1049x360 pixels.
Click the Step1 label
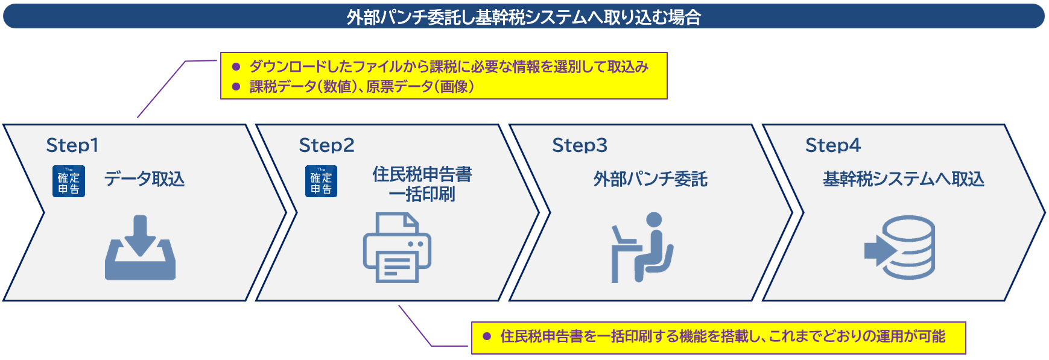(72, 145)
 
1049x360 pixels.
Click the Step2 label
(326, 145)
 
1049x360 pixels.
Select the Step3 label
(580, 145)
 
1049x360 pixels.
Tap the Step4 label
(833, 145)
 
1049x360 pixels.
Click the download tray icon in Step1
(140, 248)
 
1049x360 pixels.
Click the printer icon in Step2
(396, 248)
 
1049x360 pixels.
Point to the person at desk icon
(642, 248)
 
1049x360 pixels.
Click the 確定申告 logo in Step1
(68, 181)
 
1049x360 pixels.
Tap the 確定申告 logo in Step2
(321, 181)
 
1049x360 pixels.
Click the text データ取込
(144, 179)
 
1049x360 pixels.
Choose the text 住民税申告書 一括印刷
(422, 184)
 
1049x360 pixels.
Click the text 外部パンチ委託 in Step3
(650, 179)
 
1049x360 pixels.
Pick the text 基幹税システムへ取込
(904, 179)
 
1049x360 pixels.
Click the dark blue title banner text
(524, 17)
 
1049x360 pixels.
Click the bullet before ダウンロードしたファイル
(236, 67)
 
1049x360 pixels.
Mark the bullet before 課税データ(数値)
(236, 87)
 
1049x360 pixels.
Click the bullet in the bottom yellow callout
(487, 336)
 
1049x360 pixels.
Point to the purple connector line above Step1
(162, 89)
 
